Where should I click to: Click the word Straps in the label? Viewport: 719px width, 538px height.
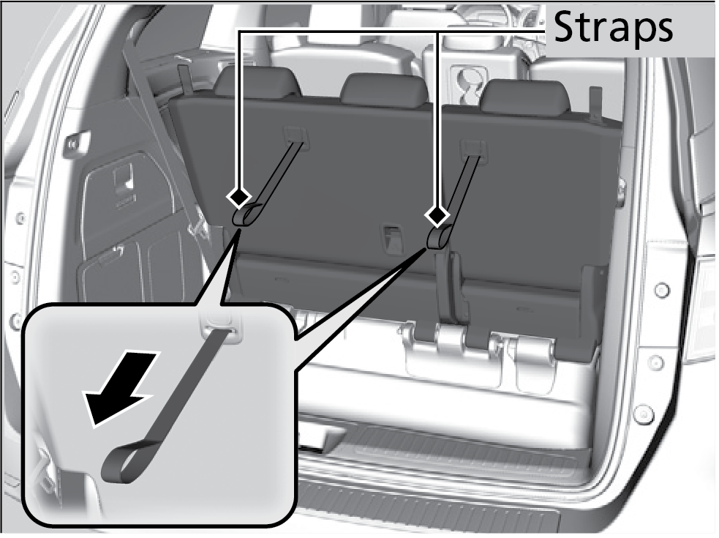pos(613,29)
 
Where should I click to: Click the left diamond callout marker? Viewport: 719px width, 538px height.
pos(238,198)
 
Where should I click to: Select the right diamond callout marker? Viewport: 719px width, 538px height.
pos(437,214)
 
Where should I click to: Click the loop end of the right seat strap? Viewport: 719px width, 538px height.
pos(439,237)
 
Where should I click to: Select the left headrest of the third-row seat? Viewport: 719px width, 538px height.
pos(257,82)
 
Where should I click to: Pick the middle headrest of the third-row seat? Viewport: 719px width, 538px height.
pos(384,89)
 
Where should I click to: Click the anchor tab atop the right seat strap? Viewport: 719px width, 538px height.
pos(473,148)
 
